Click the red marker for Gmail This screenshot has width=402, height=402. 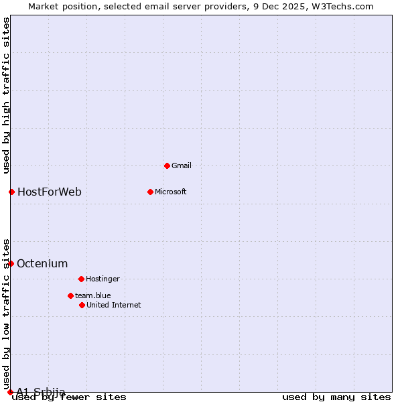[x=167, y=165]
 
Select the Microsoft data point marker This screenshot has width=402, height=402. [x=150, y=192]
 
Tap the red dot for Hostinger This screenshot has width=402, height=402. [x=81, y=279]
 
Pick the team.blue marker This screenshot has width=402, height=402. [x=70, y=295]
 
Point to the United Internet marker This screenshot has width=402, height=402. [x=82, y=305]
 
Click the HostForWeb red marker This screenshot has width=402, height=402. [x=11, y=192]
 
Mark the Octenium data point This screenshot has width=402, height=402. [x=11, y=263]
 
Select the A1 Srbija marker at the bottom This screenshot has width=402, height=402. [x=10, y=392]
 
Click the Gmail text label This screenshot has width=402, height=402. [x=182, y=165]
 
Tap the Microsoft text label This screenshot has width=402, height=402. [x=171, y=192]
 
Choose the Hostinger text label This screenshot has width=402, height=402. [x=103, y=279]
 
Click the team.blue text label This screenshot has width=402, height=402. [x=93, y=295]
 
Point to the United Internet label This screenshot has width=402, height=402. [x=114, y=305]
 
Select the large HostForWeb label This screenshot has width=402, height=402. [x=50, y=192]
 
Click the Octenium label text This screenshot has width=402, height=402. [x=42, y=263]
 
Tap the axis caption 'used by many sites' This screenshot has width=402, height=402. [x=336, y=397]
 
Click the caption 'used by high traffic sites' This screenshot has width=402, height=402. [x=6, y=96]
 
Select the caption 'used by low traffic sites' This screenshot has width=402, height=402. [x=6, y=314]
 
